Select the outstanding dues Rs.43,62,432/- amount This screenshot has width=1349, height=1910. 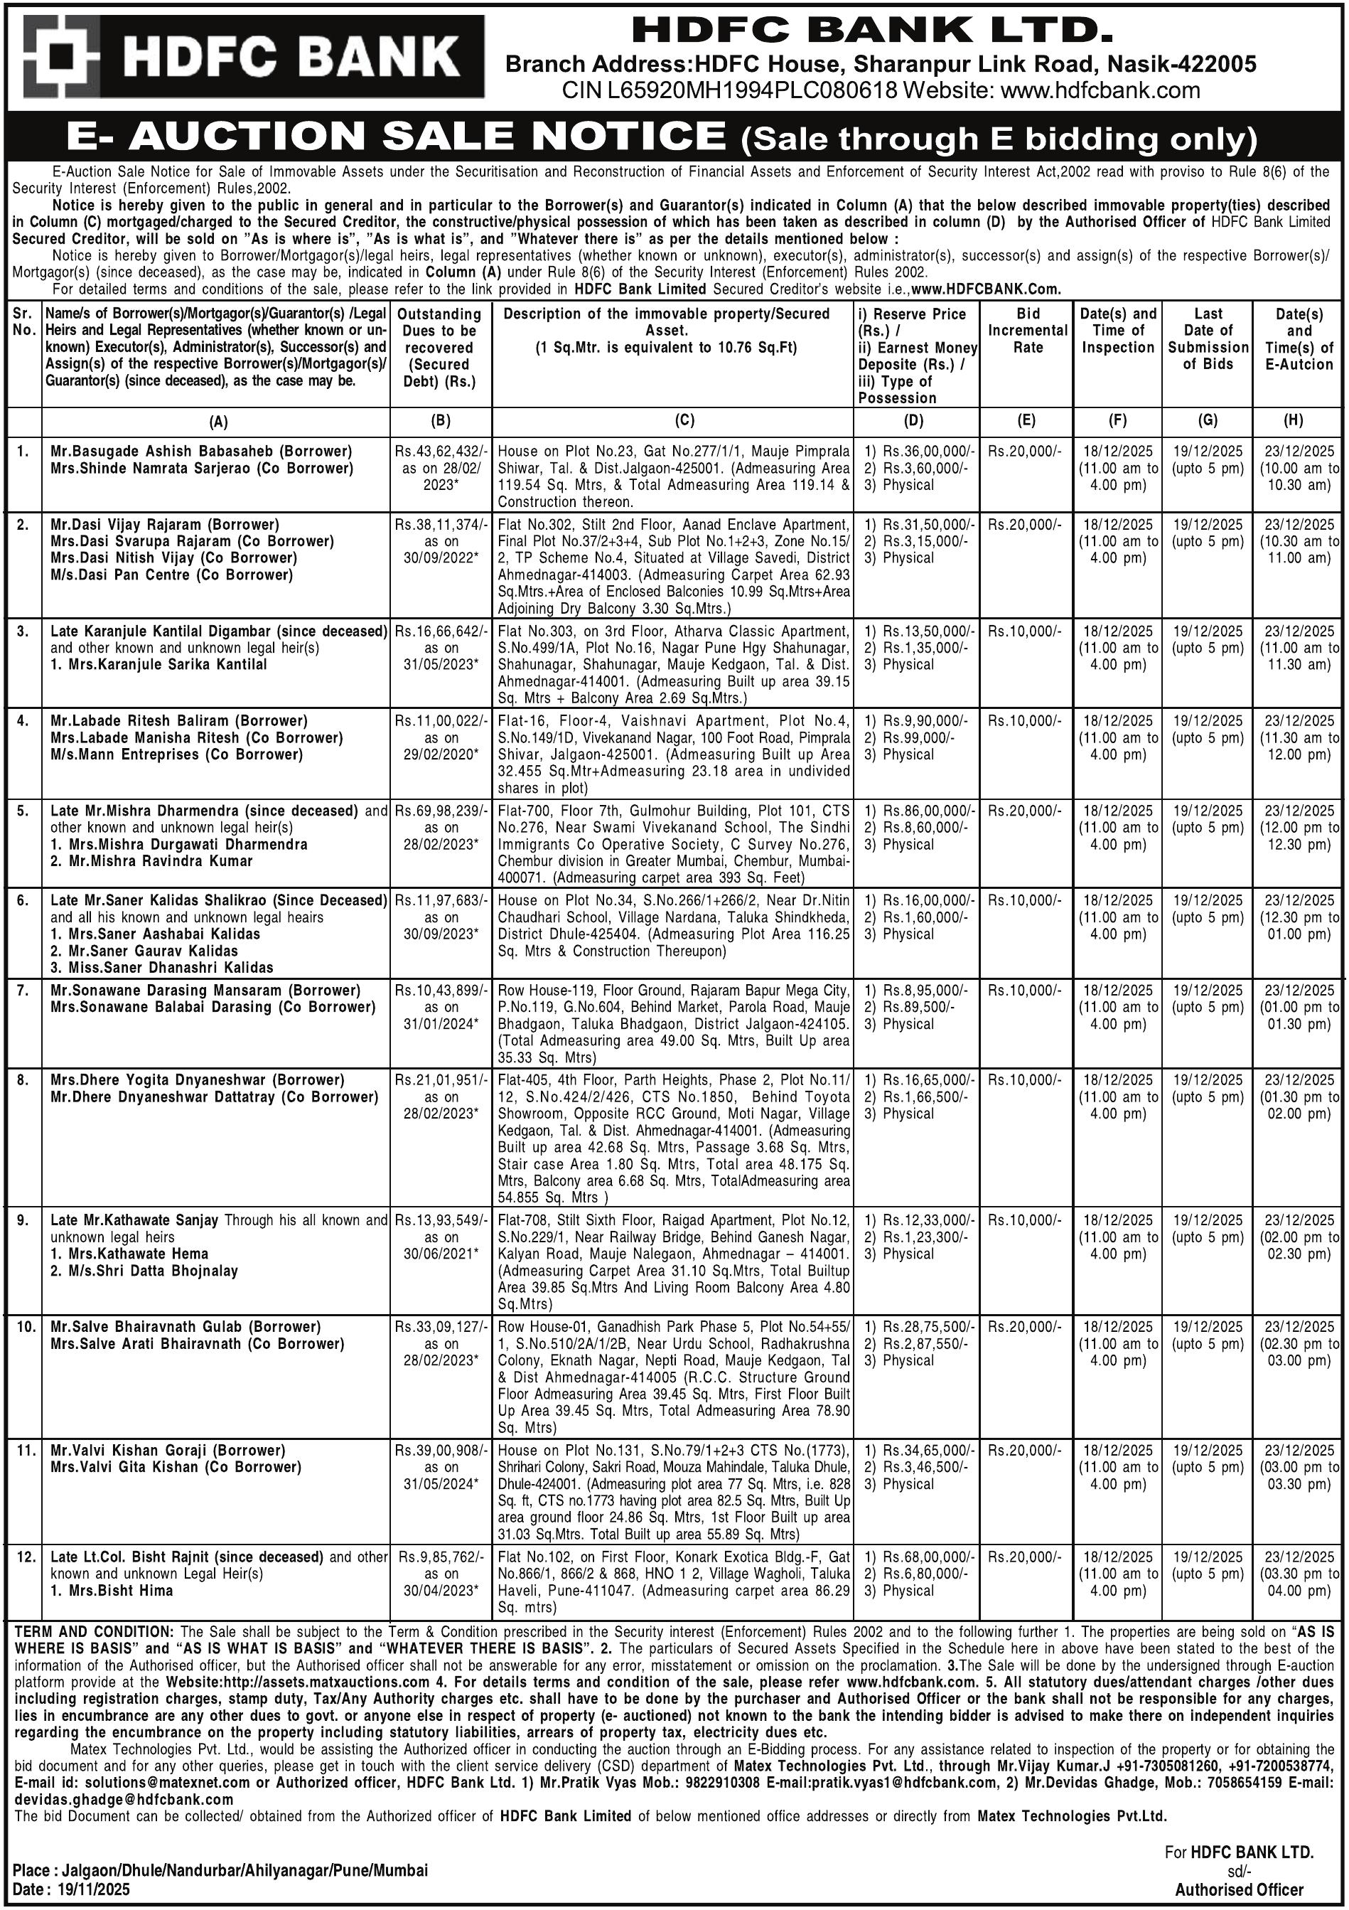(x=440, y=451)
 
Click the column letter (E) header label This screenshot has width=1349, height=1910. (x=1027, y=421)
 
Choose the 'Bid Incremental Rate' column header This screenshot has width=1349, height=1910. (x=1027, y=330)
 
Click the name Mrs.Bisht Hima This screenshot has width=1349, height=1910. (x=112, y=1591)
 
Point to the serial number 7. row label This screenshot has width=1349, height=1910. (x=24, y=990)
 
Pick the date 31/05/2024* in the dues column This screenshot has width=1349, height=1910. (x=441, y=1484)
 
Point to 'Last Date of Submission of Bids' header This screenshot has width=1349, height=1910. (x=1208, y=338)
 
